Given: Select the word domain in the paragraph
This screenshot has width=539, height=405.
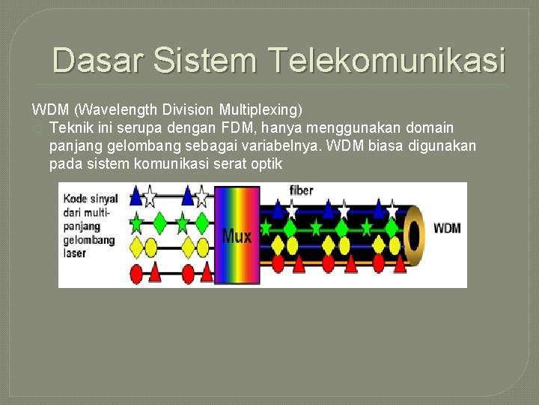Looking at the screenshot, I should point(428,127).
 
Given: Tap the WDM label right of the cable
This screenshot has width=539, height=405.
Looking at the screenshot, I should point(447,228).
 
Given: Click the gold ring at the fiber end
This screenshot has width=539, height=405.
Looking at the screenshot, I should point(415,234).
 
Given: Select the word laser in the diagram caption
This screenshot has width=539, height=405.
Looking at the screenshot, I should point(76,253).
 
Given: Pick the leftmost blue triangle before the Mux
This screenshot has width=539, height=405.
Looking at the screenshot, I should point(135,197).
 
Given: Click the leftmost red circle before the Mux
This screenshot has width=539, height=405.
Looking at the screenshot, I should point(136,274).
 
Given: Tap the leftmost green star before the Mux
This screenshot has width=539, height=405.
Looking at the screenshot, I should point(136,223).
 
